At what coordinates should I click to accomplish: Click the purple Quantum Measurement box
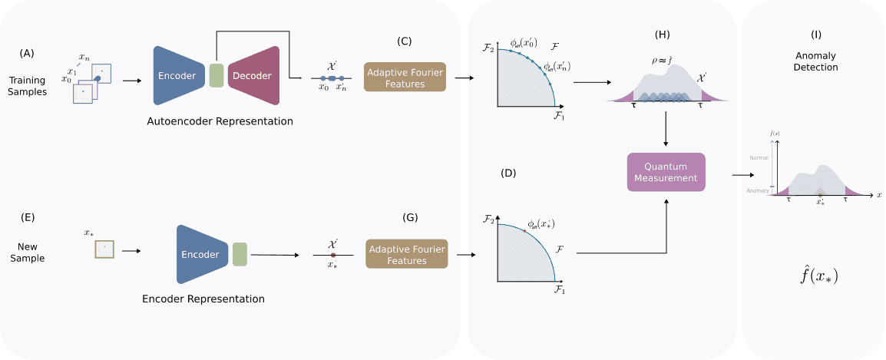tap(666, 173)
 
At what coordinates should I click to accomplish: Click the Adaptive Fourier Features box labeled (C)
tap(405, 78)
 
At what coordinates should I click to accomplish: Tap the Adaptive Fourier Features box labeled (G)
tap(406, 254)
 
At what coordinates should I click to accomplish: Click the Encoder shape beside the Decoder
tap(179, 75)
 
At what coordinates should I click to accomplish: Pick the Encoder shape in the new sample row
tap(202, 254)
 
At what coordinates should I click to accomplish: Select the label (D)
tap(508, 173)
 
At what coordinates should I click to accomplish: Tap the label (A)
tap(28, 53)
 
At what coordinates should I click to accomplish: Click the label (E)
tap(28, 218)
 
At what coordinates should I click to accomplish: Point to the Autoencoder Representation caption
tap(220, 121)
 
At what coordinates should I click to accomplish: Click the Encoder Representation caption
tap(203, 299)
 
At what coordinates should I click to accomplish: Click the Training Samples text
tap(28, 86)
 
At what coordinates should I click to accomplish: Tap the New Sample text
tap(28, 253)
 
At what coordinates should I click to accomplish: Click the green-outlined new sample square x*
tap(104, 249)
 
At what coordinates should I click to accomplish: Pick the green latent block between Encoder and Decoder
tap(216, 75)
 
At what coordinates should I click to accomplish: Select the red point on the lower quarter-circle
tap(524, 230)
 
